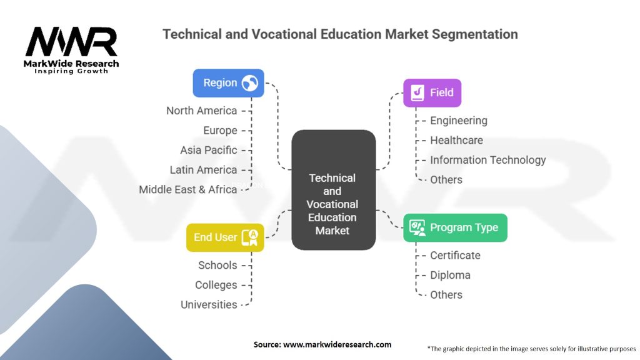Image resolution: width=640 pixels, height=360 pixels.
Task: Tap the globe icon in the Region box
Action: (250, 83)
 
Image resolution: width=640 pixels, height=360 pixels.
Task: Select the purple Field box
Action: (432, 93)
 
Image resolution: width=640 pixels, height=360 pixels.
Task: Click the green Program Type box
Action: (454, 227)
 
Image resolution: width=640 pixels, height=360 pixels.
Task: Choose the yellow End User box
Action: (224, 237)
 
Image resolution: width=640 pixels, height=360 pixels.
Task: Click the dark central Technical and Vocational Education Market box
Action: (332, 191)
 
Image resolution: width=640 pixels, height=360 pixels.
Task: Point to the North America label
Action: (201, 111)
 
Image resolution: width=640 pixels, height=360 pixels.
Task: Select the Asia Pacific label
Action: (208, 150)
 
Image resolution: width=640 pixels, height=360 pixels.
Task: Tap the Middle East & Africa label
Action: (187, 189)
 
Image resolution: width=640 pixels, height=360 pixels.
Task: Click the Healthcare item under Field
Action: (456, 140)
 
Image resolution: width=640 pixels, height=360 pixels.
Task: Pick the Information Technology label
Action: (487, 160)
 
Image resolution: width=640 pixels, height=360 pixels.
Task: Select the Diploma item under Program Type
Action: (450, 275)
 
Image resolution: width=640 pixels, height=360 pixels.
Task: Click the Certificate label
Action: (455, 255)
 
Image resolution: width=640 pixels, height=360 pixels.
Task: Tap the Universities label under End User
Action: (209, 304)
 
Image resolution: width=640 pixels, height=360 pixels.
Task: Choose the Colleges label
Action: (216, 285)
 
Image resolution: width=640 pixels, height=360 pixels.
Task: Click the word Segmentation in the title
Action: (474, 34)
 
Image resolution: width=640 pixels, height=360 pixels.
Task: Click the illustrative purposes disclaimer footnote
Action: (531, 348)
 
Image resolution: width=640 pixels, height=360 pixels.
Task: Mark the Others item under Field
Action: (446, 179)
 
